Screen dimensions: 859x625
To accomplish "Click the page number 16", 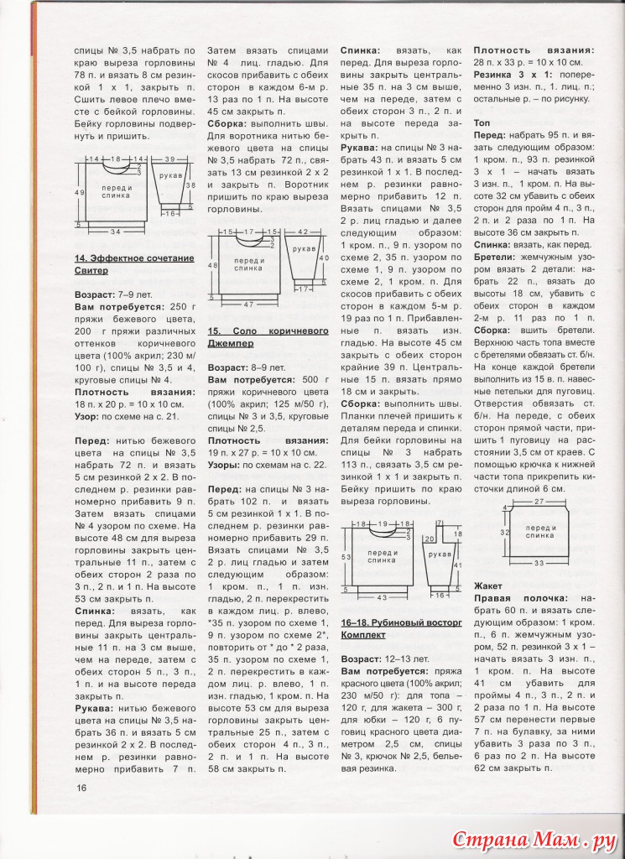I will coord(81,787).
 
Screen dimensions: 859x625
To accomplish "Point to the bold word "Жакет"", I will coord(488,585).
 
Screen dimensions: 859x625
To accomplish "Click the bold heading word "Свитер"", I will coord(92,271).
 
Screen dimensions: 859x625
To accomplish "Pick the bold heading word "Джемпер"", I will coord(232,344).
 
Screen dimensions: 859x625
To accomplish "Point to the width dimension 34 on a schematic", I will coord(117,232).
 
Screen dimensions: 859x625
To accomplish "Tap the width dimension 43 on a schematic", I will coord(381,597).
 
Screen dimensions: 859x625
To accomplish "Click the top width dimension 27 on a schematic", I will coord(539,501).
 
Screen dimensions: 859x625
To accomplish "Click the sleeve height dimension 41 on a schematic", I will coord(458,565).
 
